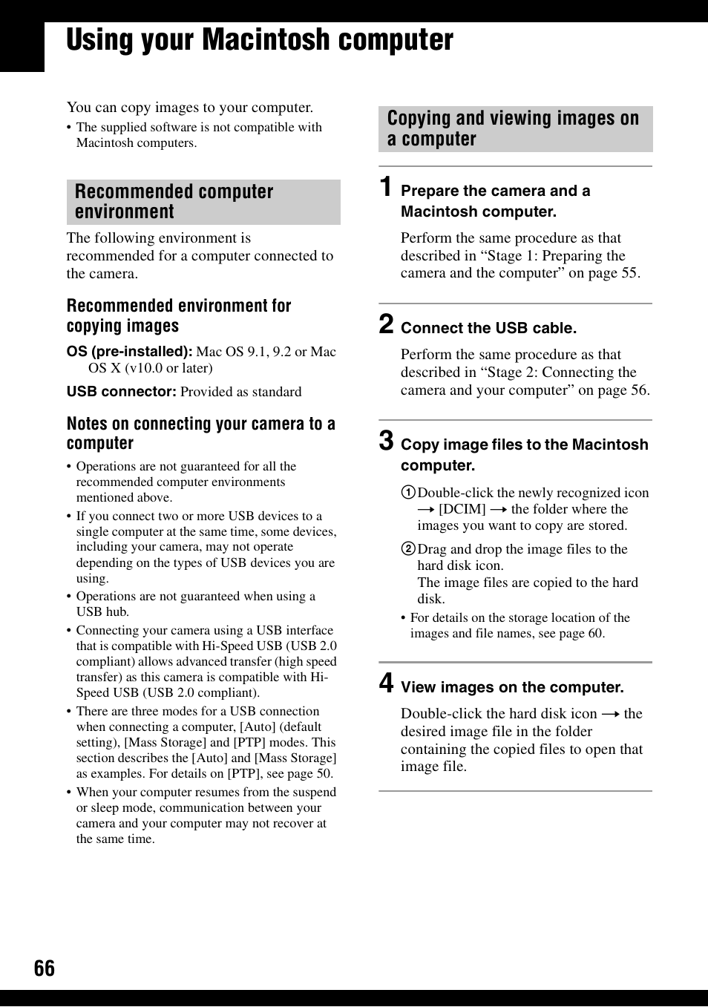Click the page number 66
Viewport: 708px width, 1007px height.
click(x=44, y=968)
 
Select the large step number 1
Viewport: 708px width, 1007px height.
click(x=386, y=187)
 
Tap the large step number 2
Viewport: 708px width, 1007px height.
click(x=386, y=324)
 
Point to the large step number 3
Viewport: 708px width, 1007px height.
click(x=386, y=441)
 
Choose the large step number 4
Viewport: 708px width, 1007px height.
click(x=386, y=683)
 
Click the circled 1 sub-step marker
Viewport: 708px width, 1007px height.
click(x=408, y=493)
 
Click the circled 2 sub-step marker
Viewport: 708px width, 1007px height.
click(x=408, y=549)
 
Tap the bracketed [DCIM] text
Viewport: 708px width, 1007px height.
click(x=462, y=509)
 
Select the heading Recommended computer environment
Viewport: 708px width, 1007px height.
click(x=174, y=202)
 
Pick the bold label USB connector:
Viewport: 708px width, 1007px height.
click(x=121, y=392)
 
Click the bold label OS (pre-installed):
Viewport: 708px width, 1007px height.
click(x=129, y=352)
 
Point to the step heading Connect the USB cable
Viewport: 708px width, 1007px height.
click(x=488, y=328)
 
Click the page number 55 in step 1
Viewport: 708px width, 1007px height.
click(x=629, y=273)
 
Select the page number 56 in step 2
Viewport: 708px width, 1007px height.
click(x=639, y=390)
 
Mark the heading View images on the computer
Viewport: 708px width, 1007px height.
click(x=512, y=687)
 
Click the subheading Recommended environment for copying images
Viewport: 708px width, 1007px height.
click(x=178, y=316)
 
